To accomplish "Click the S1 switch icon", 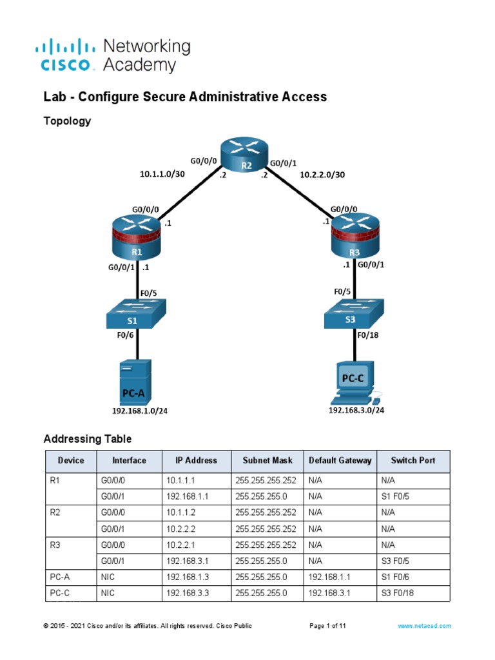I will click(x=136, y=316).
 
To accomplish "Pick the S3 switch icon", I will click(x=354, y=316).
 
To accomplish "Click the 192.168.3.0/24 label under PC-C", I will click(x=356, y=409).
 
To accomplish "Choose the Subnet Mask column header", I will click(x=267, y=461).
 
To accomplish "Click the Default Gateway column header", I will click(x=340, y=461).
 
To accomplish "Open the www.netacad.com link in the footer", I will click(x=424, y=626).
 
